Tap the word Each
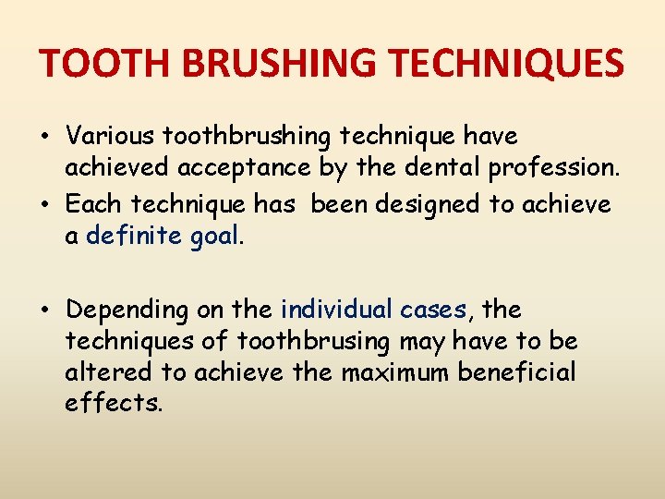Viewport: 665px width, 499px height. click(95, 203)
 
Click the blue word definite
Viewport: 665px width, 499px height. click(133, 236)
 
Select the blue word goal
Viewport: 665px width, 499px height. click(213, 237)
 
